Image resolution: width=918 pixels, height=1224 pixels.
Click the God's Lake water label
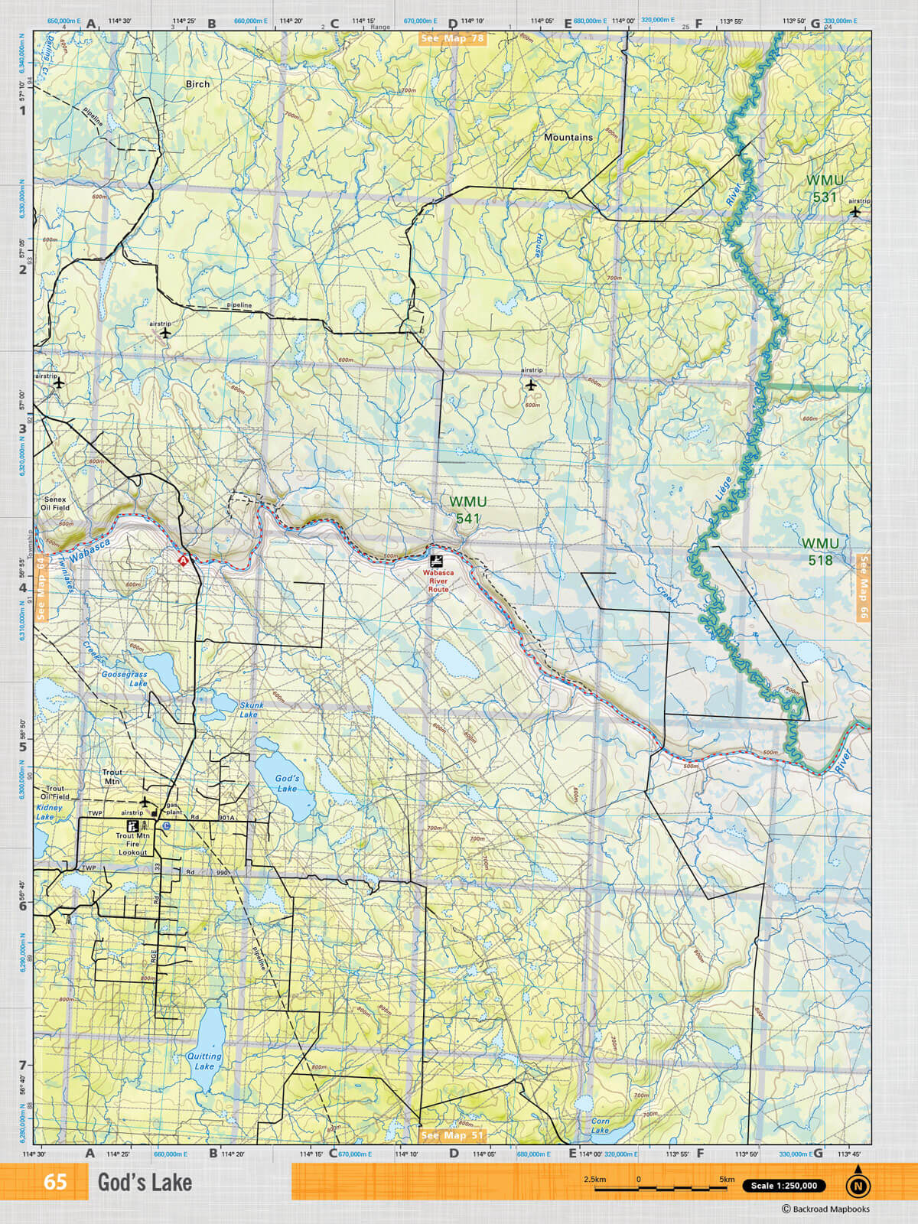point(287,783)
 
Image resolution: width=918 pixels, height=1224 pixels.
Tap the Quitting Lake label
point(204,1061)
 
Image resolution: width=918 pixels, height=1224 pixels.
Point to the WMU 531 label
point(825,188)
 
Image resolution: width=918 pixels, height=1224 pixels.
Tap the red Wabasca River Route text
point(438,581)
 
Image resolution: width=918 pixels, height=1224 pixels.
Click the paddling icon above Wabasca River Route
point(436,561)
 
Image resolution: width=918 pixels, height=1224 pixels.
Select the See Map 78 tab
point(452,38)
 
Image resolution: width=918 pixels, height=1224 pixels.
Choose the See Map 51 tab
point(452,1135)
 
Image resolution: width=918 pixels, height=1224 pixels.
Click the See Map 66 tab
point(864,588)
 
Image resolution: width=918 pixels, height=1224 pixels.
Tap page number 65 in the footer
point(55,1182)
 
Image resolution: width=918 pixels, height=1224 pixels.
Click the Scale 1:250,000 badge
point(783,1186)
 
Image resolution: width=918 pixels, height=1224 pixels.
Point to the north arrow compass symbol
point(858,1183)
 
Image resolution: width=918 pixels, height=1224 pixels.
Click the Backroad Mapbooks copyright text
point(825,1209)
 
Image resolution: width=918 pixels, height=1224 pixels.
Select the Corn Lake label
point(601,1125)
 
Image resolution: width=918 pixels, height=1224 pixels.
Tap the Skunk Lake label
point(251,710)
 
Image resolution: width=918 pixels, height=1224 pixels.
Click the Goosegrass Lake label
point(125,679)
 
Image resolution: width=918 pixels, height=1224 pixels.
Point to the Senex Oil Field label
point(55,503)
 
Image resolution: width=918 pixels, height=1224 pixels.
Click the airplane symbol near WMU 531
point(855,212)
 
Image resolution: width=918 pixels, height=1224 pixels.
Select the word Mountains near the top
point(568,137)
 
